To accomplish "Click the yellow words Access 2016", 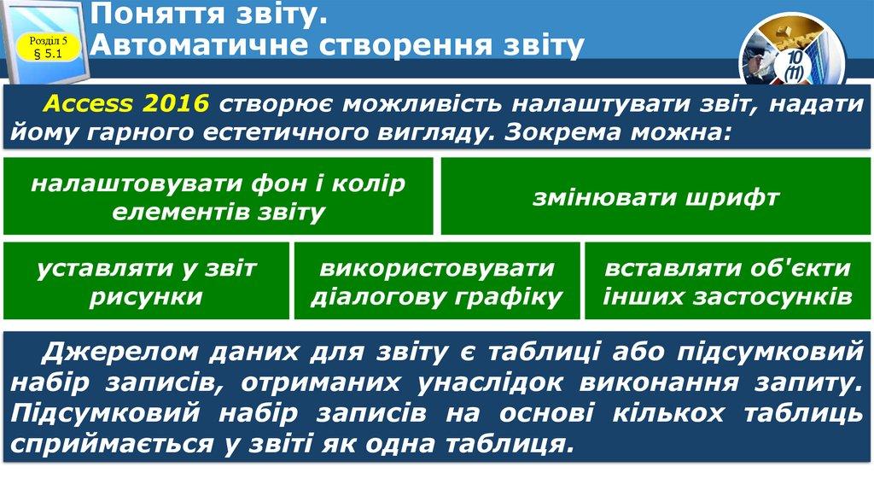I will [x=125, y=104].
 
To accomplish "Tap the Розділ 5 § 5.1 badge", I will [x=53, y=48].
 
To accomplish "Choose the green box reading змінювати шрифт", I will [x=655, y=197].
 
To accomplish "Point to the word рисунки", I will [x=146, y=297].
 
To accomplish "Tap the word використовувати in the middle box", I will [x=437, y=268].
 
